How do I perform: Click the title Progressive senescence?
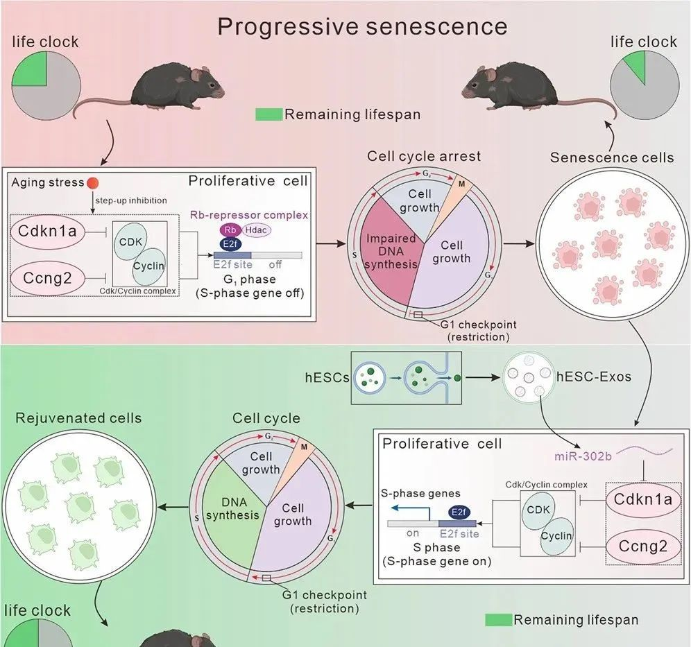coord(362,26)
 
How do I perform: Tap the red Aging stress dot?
coord(92,183)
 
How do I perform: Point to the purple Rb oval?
coord(230,230)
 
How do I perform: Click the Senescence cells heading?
coord(612,157)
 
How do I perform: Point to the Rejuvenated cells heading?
coord(78,418)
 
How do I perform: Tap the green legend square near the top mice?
coord(268,114)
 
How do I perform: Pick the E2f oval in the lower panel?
coord(457,512)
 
